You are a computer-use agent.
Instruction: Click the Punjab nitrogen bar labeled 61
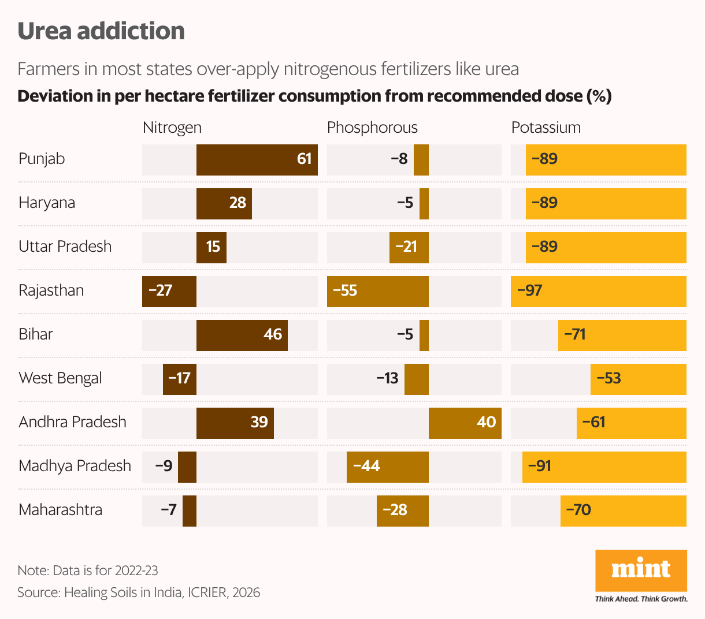click(257, 160)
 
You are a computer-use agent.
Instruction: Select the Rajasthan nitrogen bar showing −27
click(169, 291)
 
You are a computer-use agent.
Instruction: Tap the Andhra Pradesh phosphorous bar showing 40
click(465, 423)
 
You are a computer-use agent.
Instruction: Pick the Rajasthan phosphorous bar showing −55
click(377, 291)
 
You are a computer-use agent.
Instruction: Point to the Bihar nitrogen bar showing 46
click(242, 335)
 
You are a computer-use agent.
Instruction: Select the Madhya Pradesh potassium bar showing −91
click(604, 467)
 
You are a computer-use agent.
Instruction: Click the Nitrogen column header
click(172, 128)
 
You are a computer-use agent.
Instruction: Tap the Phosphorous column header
click(372, 128)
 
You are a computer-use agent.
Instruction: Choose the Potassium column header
click(546, 128)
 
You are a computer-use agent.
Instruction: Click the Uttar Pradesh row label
click(65, 247)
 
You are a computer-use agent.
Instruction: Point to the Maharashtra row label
click(60, 510)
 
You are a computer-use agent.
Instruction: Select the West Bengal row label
click(60, 378)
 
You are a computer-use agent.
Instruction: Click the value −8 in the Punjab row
click(399, 159)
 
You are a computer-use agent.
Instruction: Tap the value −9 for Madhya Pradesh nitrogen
click(164, 466)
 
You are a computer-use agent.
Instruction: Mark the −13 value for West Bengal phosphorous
click(387, 378)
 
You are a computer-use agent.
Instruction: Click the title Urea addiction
click(101, 31)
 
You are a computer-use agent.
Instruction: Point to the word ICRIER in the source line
click(207, 592)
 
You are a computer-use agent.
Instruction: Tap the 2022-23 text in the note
click(136, 570)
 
